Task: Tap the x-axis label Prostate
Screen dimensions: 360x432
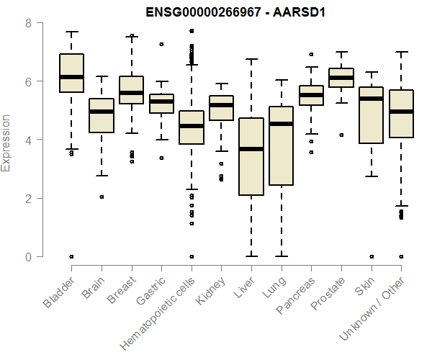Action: tap(328, 294)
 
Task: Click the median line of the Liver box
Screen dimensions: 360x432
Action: tap(251, 149)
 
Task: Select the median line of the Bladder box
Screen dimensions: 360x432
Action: tap(71, 77)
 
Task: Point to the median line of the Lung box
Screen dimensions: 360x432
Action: tap(280, 124)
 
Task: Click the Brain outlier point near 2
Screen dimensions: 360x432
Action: tap(102, 197)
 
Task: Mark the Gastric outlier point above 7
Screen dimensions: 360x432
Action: tap(161, 44)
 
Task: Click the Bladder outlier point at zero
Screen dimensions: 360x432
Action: tap(71, 256)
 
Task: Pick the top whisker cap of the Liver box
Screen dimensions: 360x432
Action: tap(251, 60)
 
